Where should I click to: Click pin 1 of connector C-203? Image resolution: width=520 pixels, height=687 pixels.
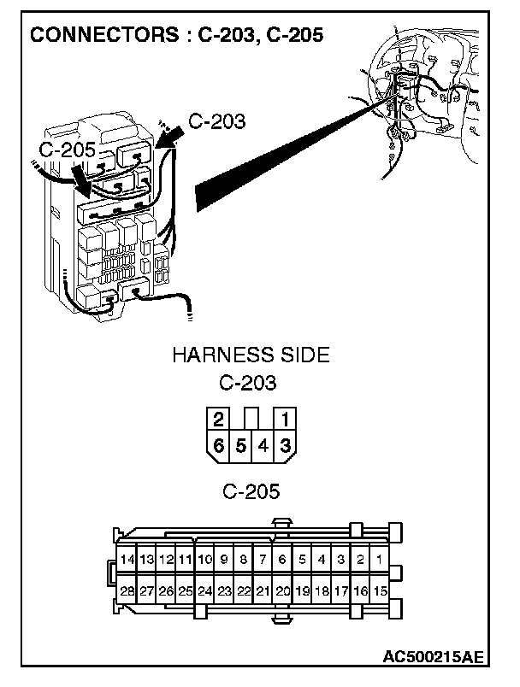point(285,420)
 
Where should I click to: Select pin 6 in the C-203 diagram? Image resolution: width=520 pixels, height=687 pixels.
point(219,444)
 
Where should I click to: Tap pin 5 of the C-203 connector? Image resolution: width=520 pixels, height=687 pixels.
point(241,444)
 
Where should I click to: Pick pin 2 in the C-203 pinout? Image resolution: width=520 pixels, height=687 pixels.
point(219,420)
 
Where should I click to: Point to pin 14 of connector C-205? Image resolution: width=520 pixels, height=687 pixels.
point(127,560)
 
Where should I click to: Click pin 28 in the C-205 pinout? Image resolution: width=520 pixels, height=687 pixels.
point(127,590)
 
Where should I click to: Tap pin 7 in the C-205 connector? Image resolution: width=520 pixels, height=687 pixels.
point(263,560)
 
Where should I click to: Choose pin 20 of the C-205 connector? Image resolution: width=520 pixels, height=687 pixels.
point(283,590)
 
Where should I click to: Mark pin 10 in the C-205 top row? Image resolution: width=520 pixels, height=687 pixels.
point(204,560)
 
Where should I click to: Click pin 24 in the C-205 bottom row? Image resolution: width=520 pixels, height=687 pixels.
point(204,590)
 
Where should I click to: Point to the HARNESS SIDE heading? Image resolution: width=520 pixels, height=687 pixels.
point(251,355)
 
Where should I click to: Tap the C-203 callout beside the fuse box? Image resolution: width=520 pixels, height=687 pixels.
point(216,121)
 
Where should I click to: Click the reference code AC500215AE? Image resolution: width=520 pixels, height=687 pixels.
point(433,657)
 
